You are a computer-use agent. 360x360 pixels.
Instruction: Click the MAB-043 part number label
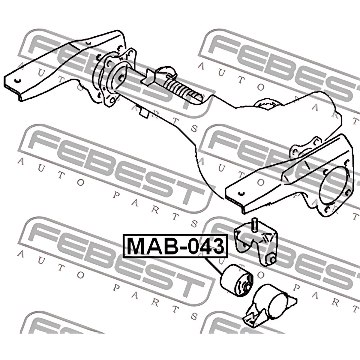coord(175,246)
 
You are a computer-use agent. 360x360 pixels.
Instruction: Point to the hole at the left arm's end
coord(17,80)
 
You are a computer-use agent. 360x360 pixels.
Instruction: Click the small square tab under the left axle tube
coord(144,113)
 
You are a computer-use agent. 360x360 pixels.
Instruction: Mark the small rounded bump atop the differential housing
coord(266,103)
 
